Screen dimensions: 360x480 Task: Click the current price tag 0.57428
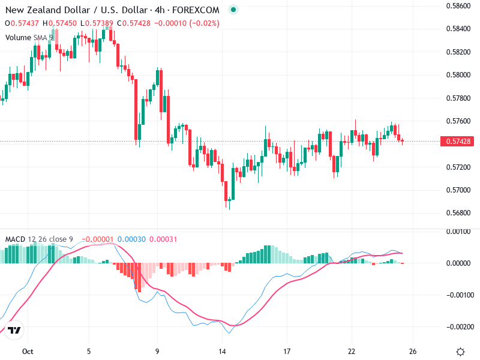(x=458, y=142)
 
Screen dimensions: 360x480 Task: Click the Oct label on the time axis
(x=26, y=352)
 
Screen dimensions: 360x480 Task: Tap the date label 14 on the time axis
(x=222, y=352)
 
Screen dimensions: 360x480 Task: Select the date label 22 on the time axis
(x=352, y=352)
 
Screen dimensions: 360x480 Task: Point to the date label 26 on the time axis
(x=413, y=352)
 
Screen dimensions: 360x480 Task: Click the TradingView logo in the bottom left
(x=14, y=331)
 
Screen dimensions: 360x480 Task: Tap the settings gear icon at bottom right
(x=460, y=352)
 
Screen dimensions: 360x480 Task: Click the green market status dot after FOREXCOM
(x=233, y=10)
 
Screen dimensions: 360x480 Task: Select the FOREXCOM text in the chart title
(x=199, y=10)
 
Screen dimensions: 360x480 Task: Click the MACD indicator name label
(x=16, y=239)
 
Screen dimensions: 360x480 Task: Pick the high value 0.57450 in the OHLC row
(x=63, y=23)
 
